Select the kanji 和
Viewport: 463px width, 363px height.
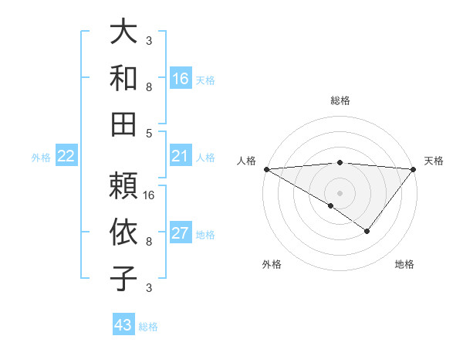[x=124, y=79]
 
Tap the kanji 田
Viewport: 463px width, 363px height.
[x=124, y=124]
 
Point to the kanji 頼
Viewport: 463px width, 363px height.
[x=124, y=186]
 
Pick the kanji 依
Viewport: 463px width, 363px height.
[x=124, y=232]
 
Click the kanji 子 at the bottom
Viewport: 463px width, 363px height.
[x=124, y=277]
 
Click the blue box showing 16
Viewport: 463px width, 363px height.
[x=181, y=79]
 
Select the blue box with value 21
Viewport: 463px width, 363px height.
[x=181, y=156]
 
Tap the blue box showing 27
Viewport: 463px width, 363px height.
[x=181, y=234]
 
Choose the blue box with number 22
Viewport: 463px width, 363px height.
[x=66, y=157]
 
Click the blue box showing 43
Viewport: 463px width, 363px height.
[x=123, y=325]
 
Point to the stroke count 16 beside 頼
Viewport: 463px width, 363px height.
[x=150, y=195]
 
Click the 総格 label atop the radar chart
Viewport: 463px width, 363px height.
[x=340, y=100]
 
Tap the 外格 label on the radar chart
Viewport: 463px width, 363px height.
[x=272, y=264]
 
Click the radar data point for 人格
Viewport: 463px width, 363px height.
[x=265, y=169]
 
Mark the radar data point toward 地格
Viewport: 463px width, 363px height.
[x=367, y=231]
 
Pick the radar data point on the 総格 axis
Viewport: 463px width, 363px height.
[x=340, y=162]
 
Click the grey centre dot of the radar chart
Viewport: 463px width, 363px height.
[x=340, y=192]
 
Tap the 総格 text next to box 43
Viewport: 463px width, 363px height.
[x=149, y=327]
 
